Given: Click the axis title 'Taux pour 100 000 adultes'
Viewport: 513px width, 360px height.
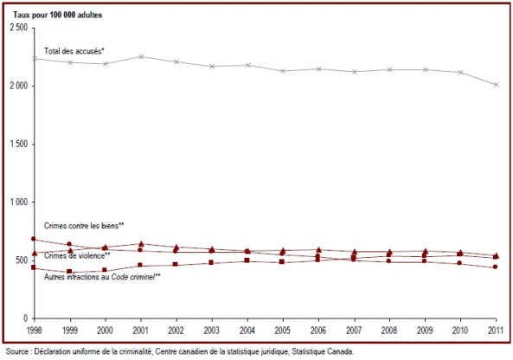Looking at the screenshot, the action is pos(57,15).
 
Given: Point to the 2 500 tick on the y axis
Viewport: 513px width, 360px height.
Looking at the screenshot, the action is pos(19,28).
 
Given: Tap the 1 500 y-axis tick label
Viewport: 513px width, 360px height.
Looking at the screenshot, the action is pos(19,144).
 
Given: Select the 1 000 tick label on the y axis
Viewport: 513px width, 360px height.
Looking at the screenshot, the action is pos(19,202).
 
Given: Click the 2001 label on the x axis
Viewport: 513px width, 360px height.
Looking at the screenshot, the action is pos(140,331).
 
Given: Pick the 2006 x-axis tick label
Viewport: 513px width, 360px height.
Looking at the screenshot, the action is pos(318,331).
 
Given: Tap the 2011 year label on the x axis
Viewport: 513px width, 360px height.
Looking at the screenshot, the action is pos(496,331).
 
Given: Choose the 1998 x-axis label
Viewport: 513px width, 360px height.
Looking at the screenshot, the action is pos(34,331).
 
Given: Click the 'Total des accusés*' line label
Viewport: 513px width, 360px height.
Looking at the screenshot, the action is pos(74,51).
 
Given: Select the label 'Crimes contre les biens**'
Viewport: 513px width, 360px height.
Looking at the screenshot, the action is pos(84,226).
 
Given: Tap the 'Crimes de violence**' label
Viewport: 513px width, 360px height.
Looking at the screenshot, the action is pos(77,255).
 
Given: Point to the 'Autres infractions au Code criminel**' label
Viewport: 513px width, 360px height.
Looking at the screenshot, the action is pos(102,277).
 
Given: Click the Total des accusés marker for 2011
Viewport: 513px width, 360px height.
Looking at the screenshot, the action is pos(497,85).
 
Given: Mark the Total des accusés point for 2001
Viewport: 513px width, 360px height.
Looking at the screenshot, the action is pos(141,56).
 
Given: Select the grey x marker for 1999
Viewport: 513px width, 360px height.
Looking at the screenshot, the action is pos(70,62).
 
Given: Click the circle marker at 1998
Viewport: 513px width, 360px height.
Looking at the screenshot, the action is pos(34,239).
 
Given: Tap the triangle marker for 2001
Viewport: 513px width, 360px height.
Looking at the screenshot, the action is pos(141,244).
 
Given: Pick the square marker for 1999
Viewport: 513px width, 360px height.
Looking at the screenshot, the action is pos(69,272).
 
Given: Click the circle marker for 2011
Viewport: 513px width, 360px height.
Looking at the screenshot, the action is pos(496,267).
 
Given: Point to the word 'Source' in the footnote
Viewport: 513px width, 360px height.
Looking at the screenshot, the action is pos(17,352).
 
